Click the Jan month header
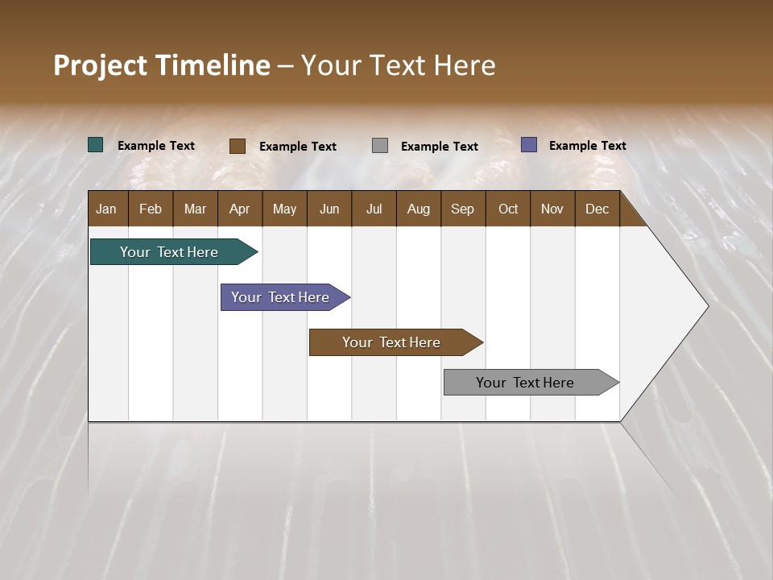(107, 209)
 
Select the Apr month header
(240, 209)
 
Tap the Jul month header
(374, 209)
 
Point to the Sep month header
(463, 209)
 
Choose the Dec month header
(597, 209)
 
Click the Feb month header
(151, 209)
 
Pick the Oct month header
(508, 209)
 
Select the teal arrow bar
(170, 252)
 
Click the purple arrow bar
(281, 297)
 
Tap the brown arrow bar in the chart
(392, 342)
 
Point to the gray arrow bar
(526, 383)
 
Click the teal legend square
(96, 145)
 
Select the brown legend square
(238, 146)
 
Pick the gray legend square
(380, 146)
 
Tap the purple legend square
(529, 145)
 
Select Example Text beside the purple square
(588, 145)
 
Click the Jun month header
(329, 209)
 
